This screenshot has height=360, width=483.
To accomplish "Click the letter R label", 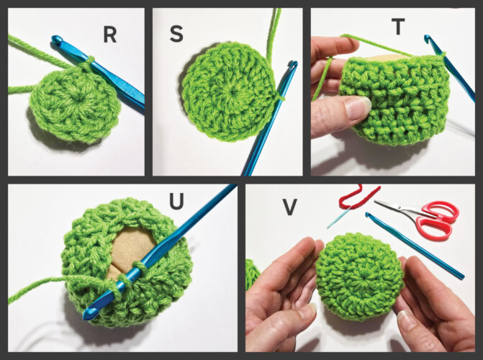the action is point(110,35).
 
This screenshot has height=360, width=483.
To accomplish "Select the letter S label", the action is point(176,34).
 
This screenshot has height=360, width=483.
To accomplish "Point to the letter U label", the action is point(177,202).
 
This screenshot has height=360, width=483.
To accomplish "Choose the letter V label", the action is point(289,207).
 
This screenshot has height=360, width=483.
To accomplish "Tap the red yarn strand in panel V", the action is point(358,197).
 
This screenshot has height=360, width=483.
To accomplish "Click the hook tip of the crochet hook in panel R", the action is point(56,39).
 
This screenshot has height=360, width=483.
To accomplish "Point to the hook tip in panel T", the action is point(427,38).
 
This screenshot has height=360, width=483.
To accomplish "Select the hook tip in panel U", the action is point(88,315).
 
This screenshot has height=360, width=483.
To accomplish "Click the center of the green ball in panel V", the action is point(360,276).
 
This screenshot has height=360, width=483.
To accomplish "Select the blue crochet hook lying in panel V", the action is point(415,246).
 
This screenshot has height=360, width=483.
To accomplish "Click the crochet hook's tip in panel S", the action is point(293,64).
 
